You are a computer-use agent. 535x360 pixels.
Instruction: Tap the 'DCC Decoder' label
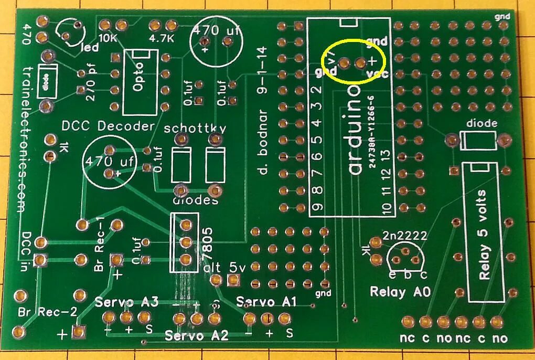[108, 126]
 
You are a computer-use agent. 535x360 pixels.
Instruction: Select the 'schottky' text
[195, 128]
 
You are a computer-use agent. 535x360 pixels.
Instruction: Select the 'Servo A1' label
[266, 301]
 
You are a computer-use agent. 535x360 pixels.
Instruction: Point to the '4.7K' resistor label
[162, 38]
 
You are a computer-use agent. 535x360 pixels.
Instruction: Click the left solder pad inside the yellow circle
[344, 63]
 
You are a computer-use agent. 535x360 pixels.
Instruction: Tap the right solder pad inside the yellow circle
[360, 63]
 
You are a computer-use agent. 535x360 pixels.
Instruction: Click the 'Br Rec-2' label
[48, 311]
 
